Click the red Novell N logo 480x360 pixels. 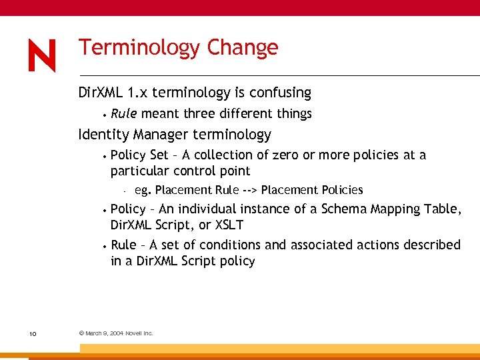42,55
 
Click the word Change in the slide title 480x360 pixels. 242,48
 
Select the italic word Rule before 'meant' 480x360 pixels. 124,113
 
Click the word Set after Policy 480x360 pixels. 159,155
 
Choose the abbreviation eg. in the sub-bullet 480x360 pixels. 143,190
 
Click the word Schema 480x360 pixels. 345,209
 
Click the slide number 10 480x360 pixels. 33,333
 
